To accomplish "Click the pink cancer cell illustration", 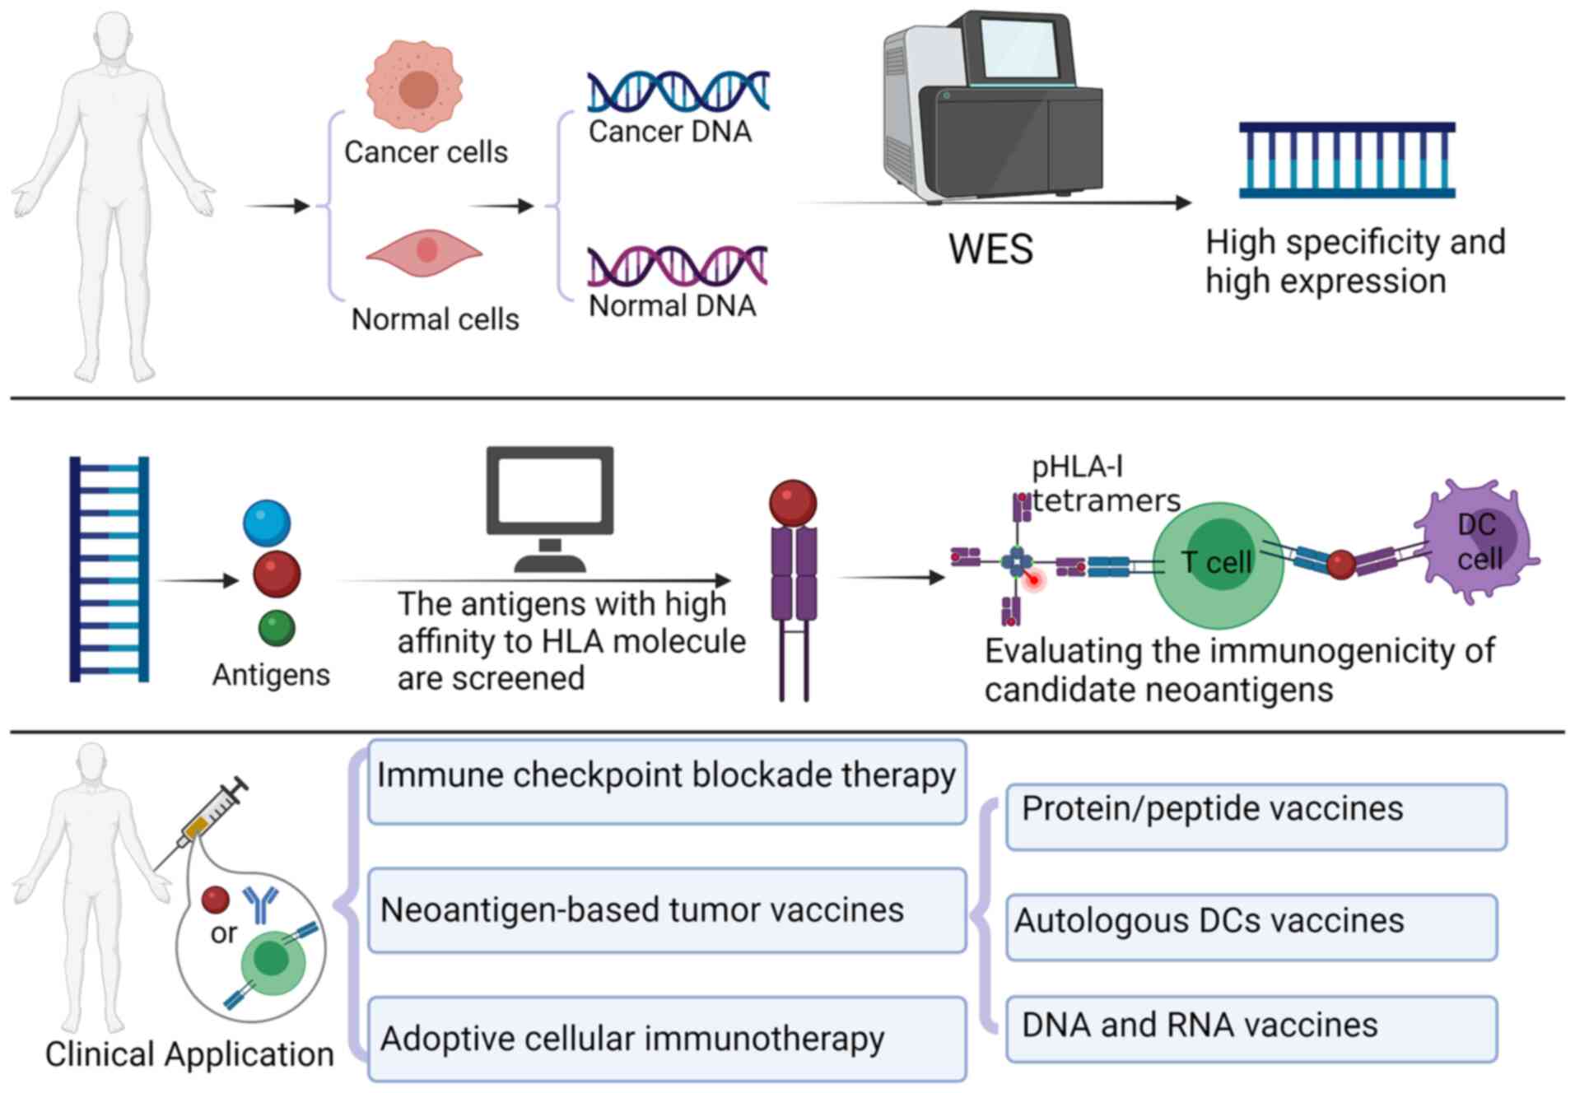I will click(x=414, y=86).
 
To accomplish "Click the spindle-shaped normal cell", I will click(x=424, y=251).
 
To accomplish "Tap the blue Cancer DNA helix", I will click(x=678, y=91).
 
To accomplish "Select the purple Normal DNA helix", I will click(x=678, y=266).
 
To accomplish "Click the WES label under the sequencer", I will click(x=990, y=249).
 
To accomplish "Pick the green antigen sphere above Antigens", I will click(x=277, y=629).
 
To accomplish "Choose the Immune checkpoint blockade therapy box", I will click(x=666, y=781).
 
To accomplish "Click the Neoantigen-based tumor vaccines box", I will click(x=666, y=910).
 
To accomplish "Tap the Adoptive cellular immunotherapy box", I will click(x=666, y=1039).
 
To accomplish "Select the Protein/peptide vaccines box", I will click(x=1256, y=816).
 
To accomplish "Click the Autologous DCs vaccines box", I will click(x=1251, y=927).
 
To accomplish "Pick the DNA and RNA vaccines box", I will click(x=1251, y=1029).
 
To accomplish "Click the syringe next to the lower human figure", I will click(x=205, y=819).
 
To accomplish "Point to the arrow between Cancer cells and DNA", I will click(x=502, y=206).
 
